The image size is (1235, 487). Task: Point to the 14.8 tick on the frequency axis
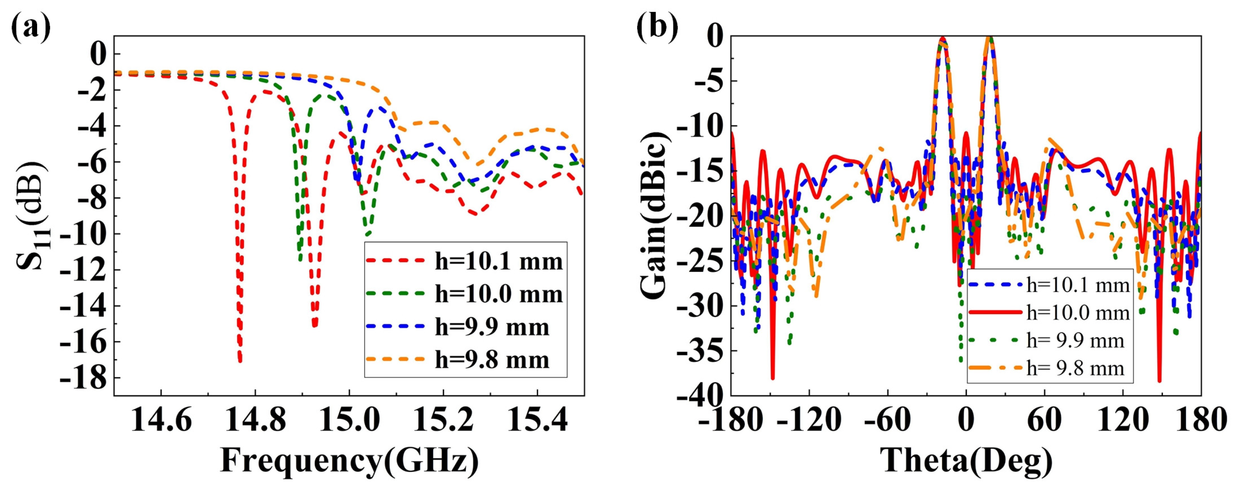pyautogui.click(x=255, y=421)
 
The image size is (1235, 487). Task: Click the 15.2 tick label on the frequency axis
pyautogui.click(x=443, y=421)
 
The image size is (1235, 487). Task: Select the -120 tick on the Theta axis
pyautogui.click(x=809, y=421)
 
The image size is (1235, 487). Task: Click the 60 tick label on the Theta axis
pyautogui.click(x=1044, y=421)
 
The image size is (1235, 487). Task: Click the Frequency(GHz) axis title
pyautogui.click(x=349, y=461)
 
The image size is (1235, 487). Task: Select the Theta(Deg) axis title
pyautogui.click(x=966, y=461)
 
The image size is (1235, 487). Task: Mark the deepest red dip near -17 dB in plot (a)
pyautogui.click(x=240, y=360)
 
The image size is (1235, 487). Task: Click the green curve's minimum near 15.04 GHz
pyautogui.click(x=367, y=234)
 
